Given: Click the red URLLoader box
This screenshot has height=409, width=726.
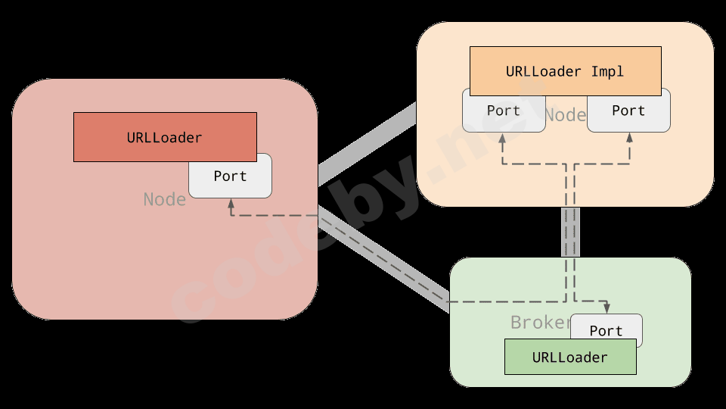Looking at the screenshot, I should click(165, 137).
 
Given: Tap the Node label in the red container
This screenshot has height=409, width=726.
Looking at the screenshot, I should click(165, 199).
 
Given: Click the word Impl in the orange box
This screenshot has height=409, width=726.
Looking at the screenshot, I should click(607, 71).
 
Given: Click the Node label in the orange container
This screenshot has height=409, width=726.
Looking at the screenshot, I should click(566, 114).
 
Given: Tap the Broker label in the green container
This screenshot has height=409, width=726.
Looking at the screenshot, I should click(540, 322).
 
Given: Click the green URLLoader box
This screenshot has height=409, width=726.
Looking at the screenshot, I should click(570, 357).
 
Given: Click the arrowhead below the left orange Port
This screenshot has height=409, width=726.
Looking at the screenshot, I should click(501, 139).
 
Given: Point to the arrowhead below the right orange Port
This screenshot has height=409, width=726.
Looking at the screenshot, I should click(629, 139).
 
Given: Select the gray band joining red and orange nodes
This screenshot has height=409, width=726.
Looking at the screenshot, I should click(367, 145).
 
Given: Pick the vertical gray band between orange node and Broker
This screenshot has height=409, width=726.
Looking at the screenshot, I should click(570, 232).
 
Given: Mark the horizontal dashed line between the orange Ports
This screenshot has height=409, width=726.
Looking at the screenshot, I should click(566, 164).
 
